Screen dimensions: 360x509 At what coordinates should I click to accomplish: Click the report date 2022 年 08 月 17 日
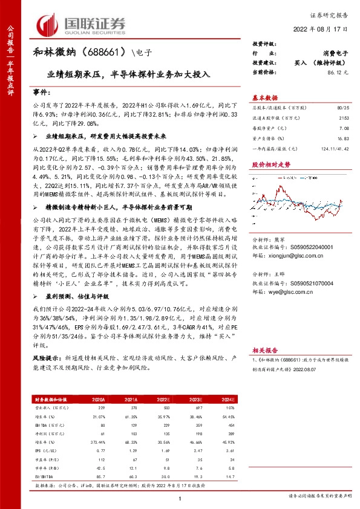(324, 28)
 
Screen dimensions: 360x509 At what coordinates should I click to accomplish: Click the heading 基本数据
(266, 97)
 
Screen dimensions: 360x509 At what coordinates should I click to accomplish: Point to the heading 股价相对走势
(271, 164)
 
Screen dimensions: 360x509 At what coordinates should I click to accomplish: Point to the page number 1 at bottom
(180, 499)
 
